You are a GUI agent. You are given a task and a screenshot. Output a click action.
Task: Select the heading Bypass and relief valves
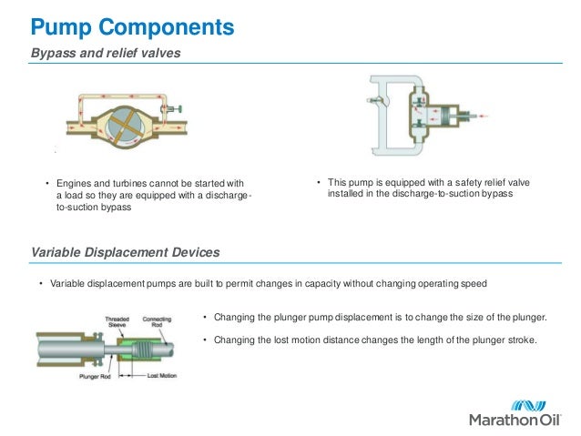coord(106,54)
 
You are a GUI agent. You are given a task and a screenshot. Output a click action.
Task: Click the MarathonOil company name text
coord(516,420)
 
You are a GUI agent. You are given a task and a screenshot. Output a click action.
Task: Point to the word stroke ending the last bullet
coord(522,340)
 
